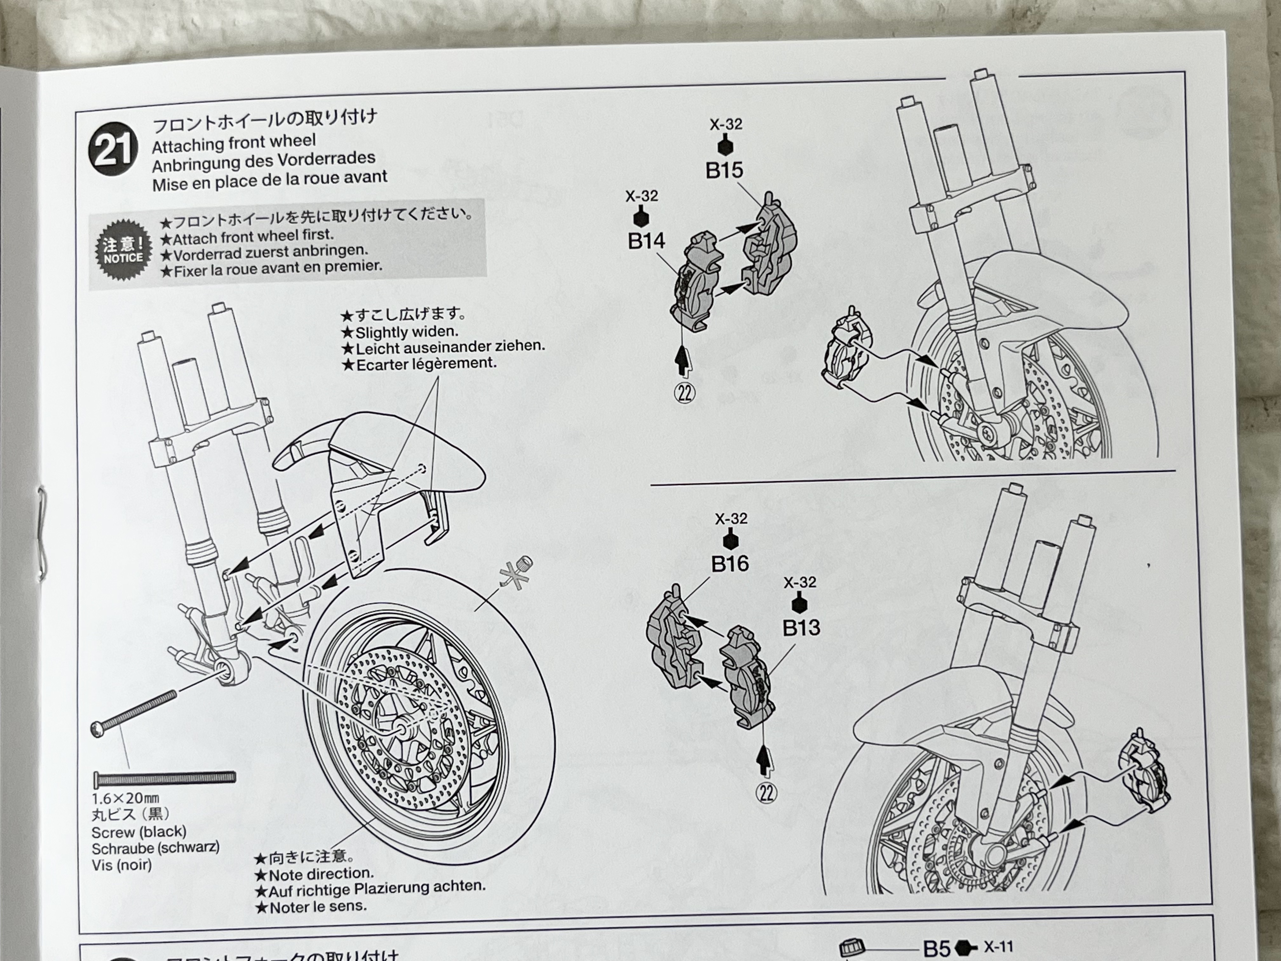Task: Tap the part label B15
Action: click(724, 170)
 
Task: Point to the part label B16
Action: click(730, 563)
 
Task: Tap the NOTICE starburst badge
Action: click(123, 250)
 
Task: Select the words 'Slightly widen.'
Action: click(407, 332)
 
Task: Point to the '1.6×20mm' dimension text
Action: click(126, 798)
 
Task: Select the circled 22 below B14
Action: click(685, 393)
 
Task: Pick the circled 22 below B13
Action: click(767, 793)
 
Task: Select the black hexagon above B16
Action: click(731, 541)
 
